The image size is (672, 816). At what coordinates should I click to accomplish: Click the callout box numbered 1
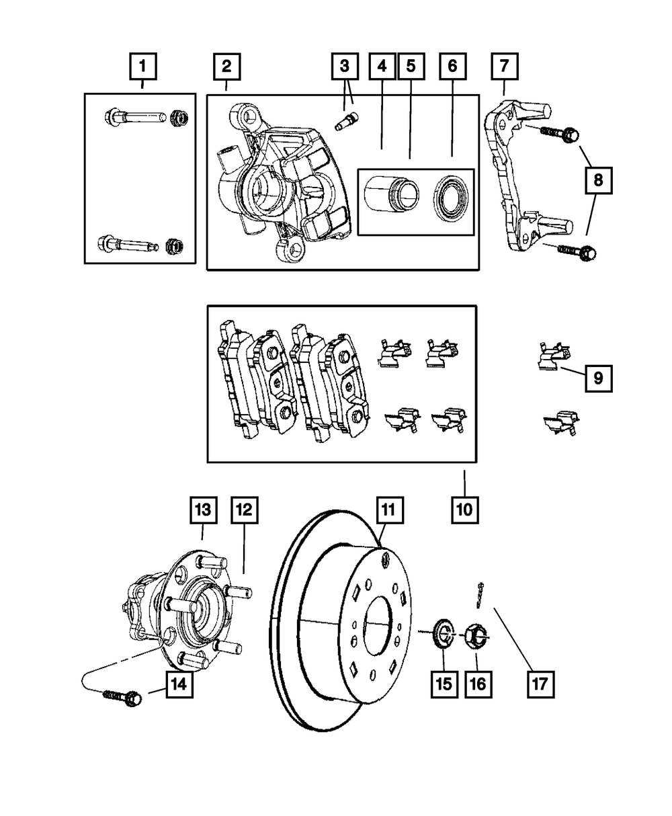point(142,68)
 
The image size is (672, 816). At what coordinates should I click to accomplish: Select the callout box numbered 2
point(226,68)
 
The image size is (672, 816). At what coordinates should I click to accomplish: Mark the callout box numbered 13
point(203,512)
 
